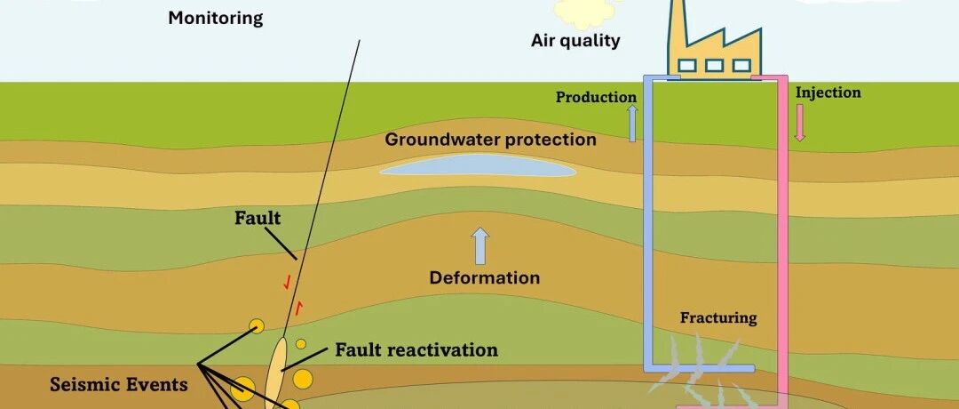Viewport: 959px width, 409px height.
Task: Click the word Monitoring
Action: click(215, 19)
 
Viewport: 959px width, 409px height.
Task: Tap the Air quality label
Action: click(575, 41)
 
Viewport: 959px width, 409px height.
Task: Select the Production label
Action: click(596, 97)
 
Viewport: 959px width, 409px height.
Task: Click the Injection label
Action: click(828, 92)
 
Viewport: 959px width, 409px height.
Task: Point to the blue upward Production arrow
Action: click(633, 124)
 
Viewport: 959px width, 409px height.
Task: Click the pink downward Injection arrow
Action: click(800, 123)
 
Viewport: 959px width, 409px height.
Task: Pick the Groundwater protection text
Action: click(490, 140)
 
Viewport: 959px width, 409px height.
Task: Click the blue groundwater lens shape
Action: click(479, 164)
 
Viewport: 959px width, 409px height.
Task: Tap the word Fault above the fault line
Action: click(258, 218)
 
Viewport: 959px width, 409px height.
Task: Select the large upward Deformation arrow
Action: click(481, 246)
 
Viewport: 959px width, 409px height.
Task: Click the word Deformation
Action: click(485, 278)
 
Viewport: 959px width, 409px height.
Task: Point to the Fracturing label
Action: click(718, 318)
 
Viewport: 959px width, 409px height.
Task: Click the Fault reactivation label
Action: click(416, 350)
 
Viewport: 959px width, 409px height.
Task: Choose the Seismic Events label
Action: click(119, 384)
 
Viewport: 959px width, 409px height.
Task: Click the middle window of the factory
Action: click(714, 65)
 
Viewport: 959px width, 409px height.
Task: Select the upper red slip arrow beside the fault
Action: click(286, 282)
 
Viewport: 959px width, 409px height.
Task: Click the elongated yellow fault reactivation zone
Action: click(276, 372)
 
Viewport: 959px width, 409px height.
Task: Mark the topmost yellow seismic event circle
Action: click(257, 325)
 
